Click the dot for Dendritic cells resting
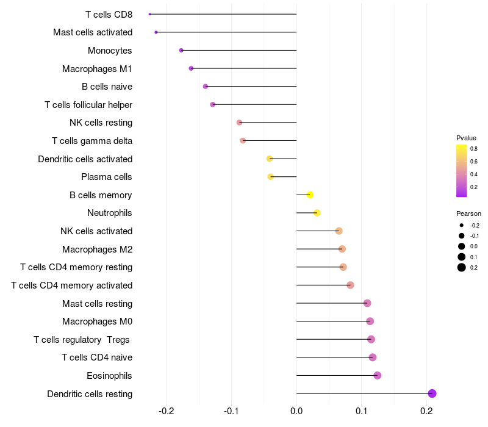(432, 393)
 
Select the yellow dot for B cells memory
(310, 195)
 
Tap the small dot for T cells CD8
(149, 14)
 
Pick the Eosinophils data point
(377, 375)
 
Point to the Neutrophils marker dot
(317, 213)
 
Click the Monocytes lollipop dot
(181, 50)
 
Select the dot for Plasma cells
(271, 177)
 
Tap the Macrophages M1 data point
(191, 68)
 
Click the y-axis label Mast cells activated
(93, 32)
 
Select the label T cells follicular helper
(88, 105)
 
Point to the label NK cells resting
(101, 123)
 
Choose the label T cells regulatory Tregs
(82, 339)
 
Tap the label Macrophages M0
(97, 321)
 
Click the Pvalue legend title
(466, 138)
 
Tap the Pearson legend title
(468, 214)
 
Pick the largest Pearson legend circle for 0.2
(462, 267)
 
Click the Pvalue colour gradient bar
(462, 171)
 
